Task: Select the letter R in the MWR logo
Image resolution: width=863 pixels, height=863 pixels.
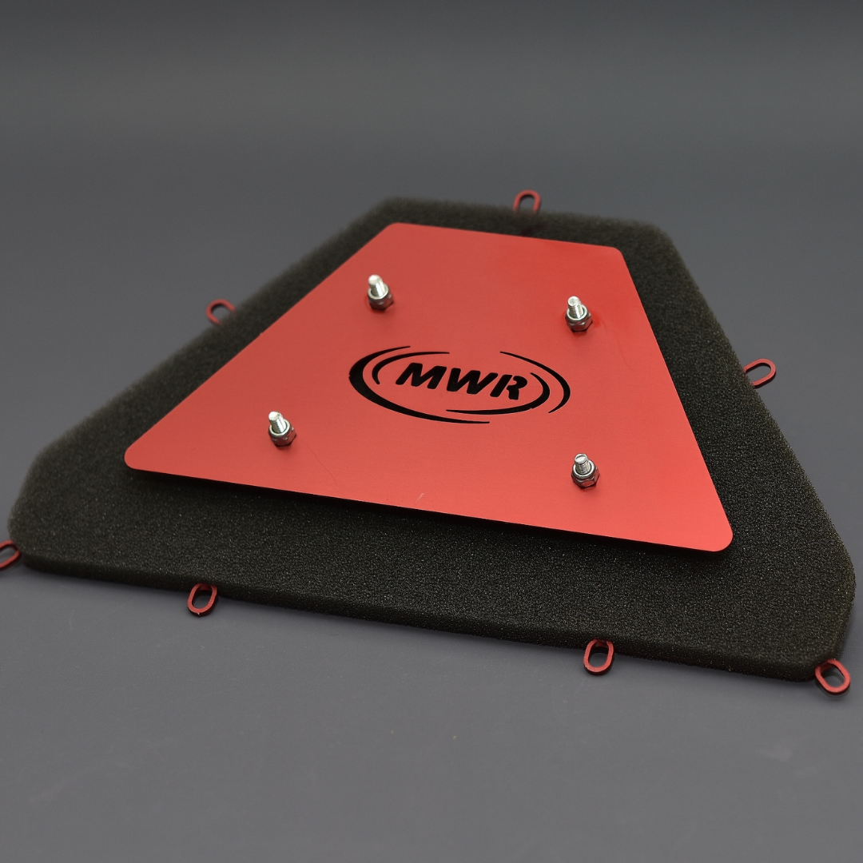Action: (x=510, y=386)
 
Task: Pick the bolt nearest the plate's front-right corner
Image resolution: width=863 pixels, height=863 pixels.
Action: (x=584, y=471)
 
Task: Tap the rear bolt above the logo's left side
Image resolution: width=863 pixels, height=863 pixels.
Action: (x=380, y=292)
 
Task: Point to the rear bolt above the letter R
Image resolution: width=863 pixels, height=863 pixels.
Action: (x=578, y=314)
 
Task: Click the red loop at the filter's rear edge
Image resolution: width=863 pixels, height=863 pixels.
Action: (x=527, y=201)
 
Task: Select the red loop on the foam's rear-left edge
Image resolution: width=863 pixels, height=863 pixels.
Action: (x=220, y=311)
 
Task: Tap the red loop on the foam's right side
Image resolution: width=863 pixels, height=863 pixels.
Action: (x=760, y=372)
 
